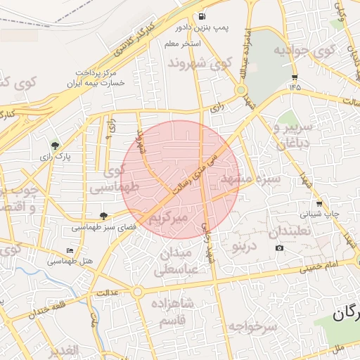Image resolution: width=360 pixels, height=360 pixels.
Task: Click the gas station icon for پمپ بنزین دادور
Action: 203,16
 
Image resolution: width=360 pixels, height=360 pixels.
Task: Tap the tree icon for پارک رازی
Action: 56,146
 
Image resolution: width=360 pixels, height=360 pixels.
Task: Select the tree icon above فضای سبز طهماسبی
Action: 105,216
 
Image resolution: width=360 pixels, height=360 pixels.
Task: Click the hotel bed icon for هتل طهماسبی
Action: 69,250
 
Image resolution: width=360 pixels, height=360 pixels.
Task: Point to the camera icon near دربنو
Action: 280,247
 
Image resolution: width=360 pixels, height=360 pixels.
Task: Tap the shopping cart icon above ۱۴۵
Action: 294,77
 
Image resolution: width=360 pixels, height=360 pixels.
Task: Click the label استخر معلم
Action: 182,44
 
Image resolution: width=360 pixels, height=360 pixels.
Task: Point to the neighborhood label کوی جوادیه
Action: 302,51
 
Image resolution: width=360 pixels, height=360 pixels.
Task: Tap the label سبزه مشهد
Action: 251,179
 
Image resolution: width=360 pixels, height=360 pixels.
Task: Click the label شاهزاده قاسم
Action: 172,312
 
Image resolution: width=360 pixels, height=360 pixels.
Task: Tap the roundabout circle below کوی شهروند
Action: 240,90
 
